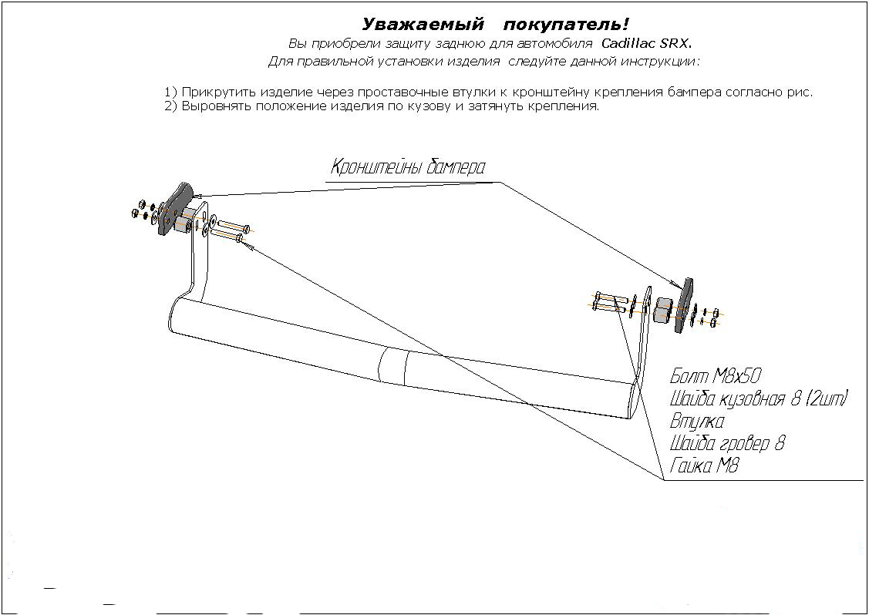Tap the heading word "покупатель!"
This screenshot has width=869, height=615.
click(567, 25)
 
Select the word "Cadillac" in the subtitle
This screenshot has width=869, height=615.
click(628, 43)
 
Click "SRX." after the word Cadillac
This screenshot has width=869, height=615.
click(675, 43)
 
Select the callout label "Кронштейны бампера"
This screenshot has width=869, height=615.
click(408, 166)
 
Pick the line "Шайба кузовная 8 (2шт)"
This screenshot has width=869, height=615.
click(759, 399)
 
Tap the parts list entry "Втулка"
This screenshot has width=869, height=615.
click(696, 421)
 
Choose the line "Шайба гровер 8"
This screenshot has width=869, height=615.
click(727, 443)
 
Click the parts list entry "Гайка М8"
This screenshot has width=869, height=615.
click(704, 465)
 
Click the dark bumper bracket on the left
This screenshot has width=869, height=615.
click(174, 209)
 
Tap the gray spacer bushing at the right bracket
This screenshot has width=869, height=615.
click(662, 310)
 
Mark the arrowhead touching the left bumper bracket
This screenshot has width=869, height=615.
click(197, 195)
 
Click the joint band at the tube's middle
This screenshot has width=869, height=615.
click(395, 367)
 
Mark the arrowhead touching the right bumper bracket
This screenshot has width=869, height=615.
click(679, 285)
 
